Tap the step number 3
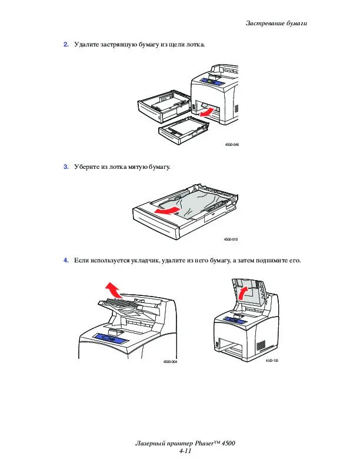[66, 167]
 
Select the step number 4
[66, 259]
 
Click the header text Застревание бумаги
[276, 23]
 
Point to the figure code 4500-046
[232, 144]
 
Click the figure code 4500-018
[230, 239]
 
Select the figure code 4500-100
[271, 360]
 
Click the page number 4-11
[185, 451]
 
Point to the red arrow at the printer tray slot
[205, 111]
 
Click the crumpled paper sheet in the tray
[200, 203]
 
